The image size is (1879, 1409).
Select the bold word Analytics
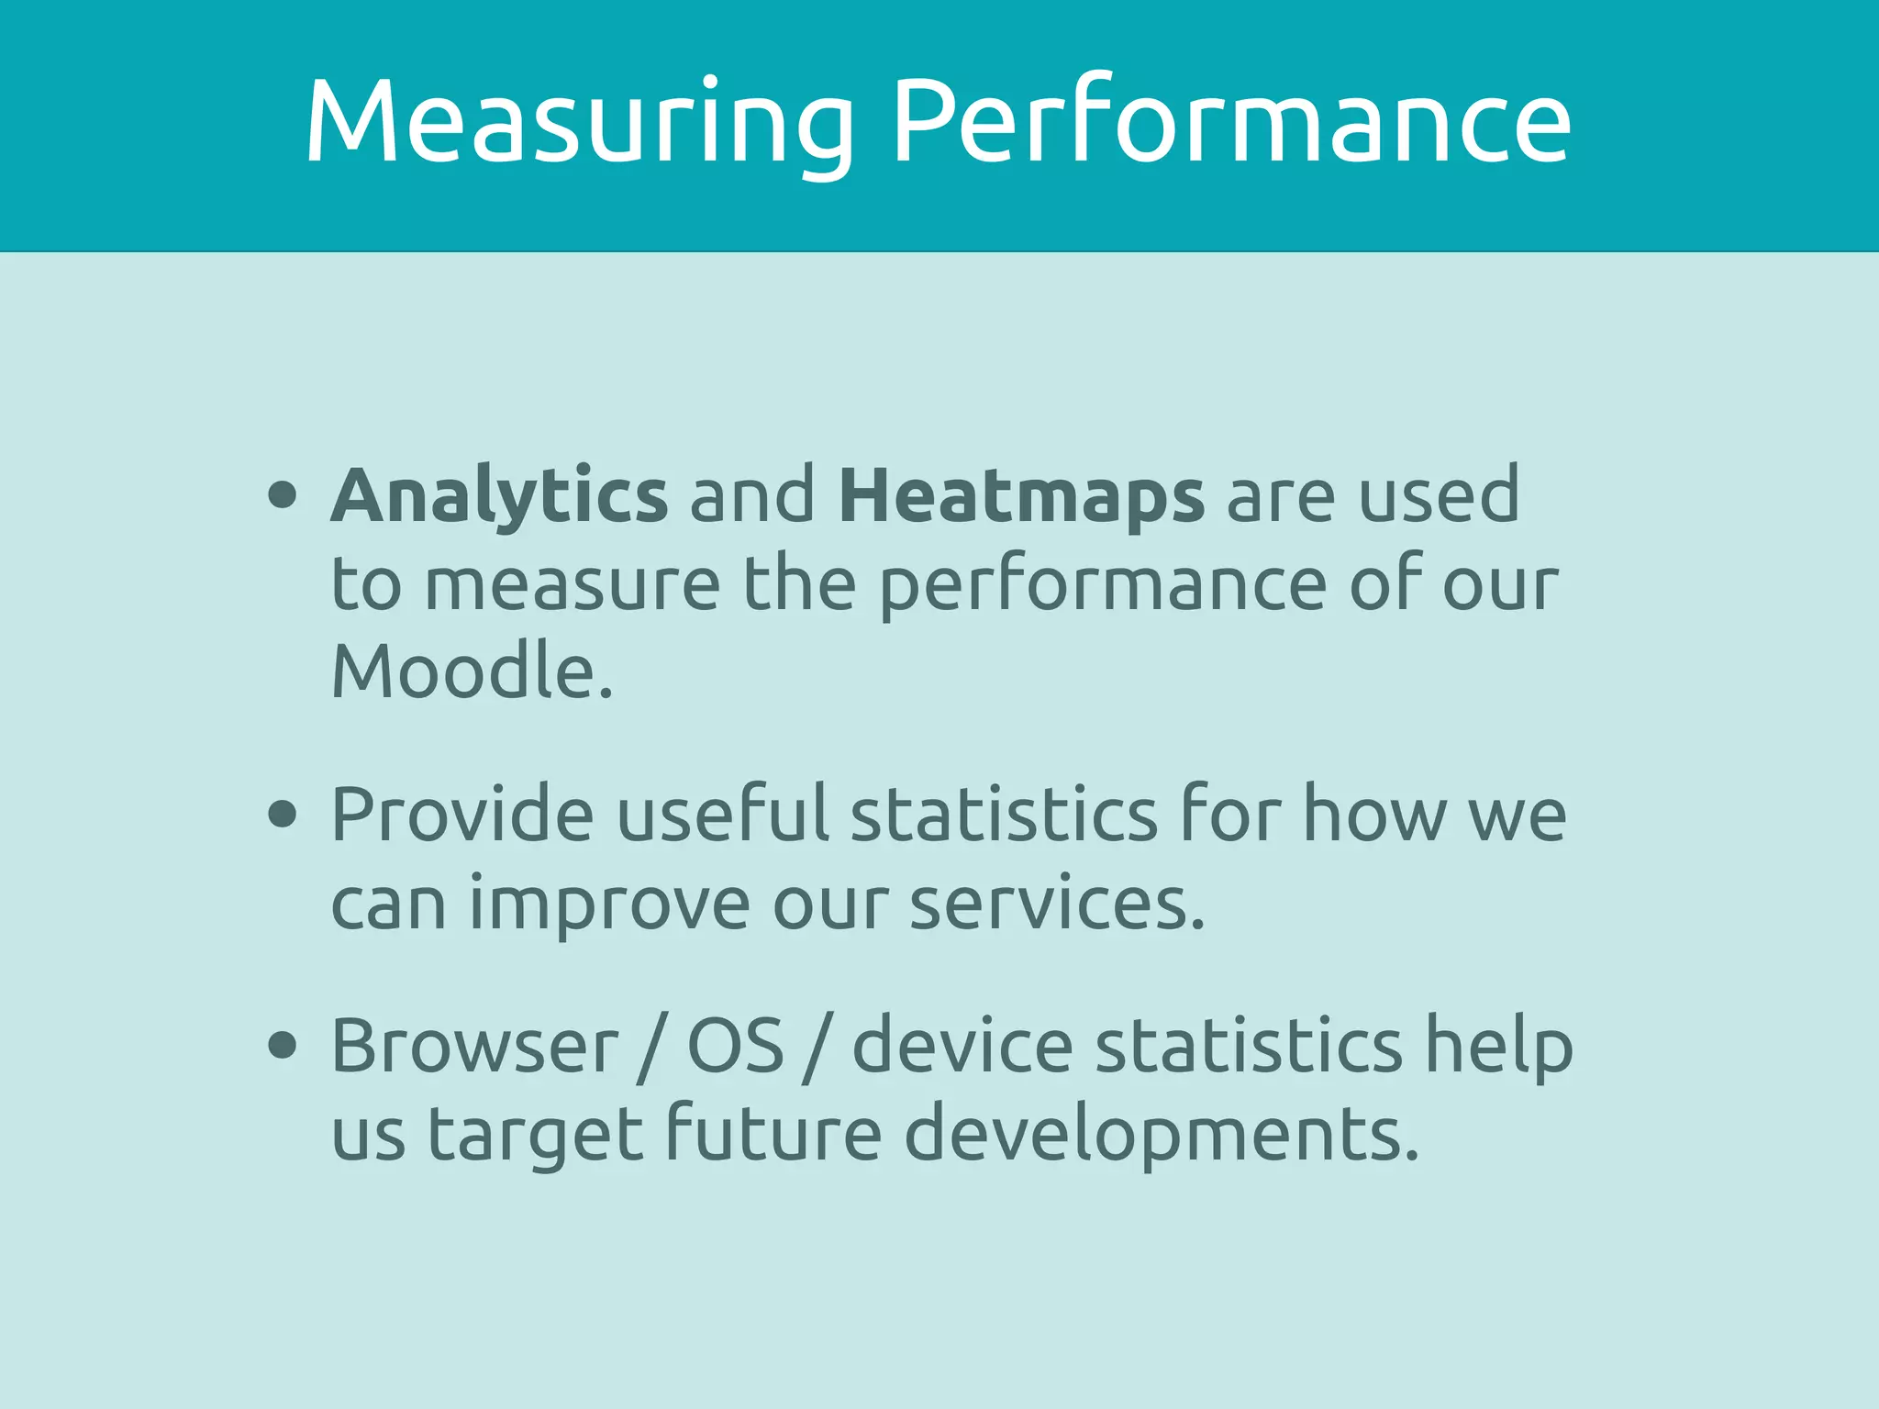point(499,496)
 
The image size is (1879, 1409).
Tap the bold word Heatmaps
point(1021,496)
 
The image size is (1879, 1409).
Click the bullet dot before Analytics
point(283,495)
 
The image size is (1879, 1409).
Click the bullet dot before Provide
point(283,813)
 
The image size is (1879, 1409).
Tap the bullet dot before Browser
point(283,1045)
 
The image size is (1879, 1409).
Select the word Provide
point(462,814)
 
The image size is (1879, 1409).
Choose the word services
point(1056,904)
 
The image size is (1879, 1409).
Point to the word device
point(962,1046)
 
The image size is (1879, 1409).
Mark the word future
point(773,1134)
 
